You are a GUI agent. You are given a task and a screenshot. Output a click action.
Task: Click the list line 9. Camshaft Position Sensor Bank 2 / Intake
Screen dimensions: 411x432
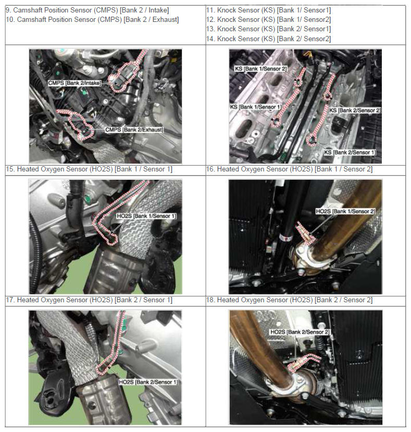click(x=88, y=10)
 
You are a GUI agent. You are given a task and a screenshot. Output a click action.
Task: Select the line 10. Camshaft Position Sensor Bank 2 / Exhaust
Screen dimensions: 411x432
click(x=92, y=20)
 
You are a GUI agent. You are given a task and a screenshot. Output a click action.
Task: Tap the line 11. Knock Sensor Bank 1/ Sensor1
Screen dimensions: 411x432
click(x=269, y=10)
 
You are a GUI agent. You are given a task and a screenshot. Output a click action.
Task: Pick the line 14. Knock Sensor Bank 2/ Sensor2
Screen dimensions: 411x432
click(x=269, y=39)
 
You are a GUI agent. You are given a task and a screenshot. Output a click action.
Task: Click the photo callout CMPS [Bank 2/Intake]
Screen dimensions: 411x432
click(x=74, y=83)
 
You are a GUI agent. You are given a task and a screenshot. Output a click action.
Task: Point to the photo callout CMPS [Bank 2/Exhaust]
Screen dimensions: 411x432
click(x=134, y=129)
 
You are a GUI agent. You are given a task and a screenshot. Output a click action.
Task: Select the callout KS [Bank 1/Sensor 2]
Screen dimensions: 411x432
click(x=260, y=69)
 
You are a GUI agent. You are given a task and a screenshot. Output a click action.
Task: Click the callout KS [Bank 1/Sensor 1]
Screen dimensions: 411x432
click(x=256, y=107)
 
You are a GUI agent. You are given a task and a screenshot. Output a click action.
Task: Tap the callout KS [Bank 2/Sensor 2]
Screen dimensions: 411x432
click(x=355, y=110)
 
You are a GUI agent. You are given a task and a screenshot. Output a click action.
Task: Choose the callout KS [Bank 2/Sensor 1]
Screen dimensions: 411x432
click(x=350, y=152)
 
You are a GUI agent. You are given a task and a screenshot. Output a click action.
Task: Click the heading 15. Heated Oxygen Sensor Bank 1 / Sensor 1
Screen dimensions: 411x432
click(x=89, y=169)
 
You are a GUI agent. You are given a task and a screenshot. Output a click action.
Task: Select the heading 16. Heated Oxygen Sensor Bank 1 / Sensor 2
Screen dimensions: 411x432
click(x=289, y=169)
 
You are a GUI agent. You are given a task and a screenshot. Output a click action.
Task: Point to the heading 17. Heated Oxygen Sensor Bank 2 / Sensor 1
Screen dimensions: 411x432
click(x=89, y=300)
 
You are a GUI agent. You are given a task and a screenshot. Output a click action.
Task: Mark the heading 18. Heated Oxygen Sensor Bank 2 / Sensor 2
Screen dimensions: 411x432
click(x=289, y=300)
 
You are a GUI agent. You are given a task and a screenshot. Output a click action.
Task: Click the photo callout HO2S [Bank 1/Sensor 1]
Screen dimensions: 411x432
click(x=146, y=216)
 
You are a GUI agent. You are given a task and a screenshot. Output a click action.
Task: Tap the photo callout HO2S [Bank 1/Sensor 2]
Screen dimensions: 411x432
click(x=345, y=212)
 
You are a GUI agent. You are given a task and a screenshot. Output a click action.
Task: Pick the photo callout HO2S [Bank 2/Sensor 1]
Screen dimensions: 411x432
click(x=148, y=382)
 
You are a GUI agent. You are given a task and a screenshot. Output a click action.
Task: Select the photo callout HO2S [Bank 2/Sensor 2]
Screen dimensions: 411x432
click(x=300, y=332)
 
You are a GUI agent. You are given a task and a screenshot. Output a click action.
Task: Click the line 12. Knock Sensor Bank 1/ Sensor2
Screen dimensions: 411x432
click(x=269, y=20)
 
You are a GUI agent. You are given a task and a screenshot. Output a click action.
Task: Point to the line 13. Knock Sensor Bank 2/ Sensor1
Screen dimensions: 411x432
click(x=269, y=29)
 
